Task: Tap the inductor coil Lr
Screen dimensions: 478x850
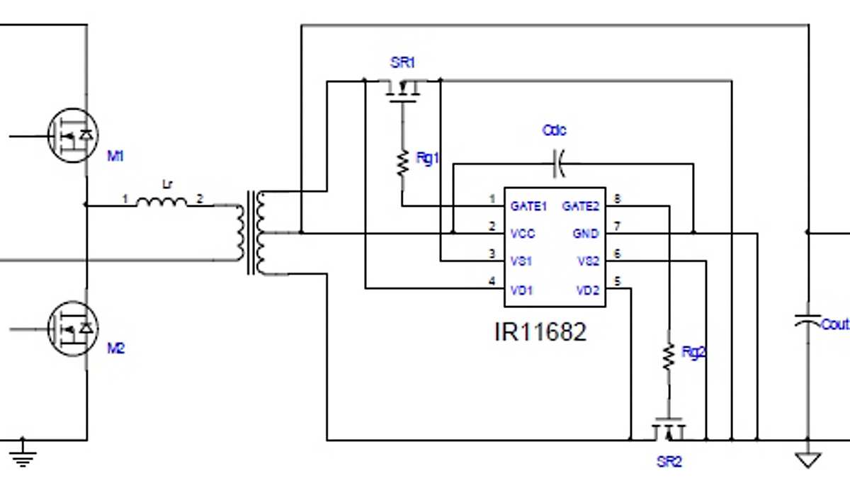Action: pos(161,203)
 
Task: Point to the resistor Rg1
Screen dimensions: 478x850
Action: pos(402,163)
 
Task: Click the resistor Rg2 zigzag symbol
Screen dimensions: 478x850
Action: pos(668,356)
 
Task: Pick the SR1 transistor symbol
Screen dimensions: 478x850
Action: pos(402,89)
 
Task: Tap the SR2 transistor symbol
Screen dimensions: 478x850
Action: pos(668,431)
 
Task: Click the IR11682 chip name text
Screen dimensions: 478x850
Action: pos(540,332)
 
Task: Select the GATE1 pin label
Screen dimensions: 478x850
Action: pos(529,207)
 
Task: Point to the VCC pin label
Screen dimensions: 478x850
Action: pos(523,234)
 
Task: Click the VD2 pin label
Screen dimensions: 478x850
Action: pos(588,290)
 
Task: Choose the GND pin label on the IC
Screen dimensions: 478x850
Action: pos(586,234)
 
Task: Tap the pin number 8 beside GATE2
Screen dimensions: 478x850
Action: pos(617,200)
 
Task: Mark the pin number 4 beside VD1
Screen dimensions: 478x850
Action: pos(492,282)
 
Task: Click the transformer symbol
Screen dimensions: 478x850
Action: pos(254,232)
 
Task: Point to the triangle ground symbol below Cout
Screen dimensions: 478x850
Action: pos(807,460)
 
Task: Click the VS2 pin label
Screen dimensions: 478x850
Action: pos(588,261)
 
